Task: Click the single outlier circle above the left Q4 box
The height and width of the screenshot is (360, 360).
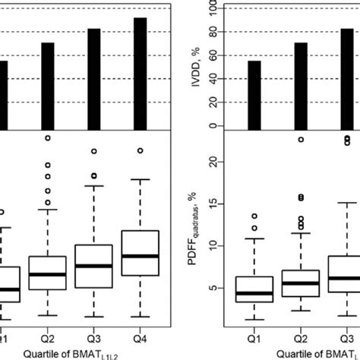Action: (x=140, y=150)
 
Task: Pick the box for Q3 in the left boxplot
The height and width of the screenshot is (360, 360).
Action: (x=93, y=265)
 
